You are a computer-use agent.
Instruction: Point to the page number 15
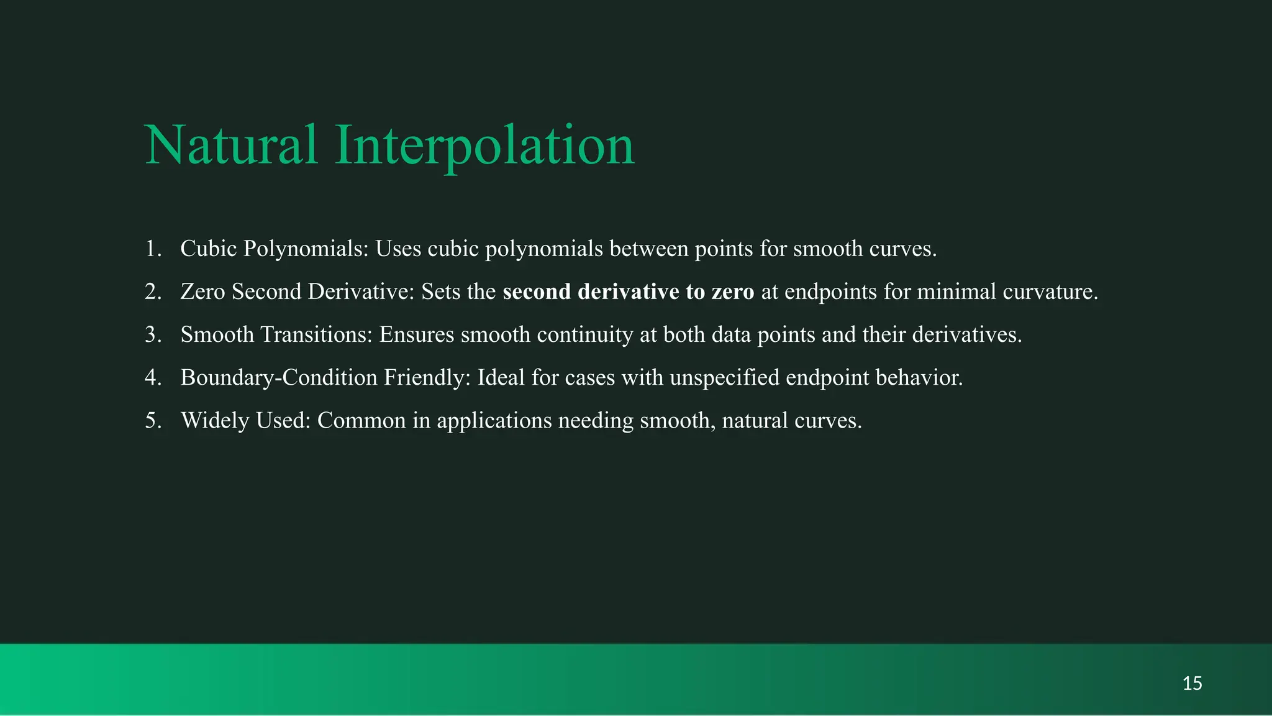1192,684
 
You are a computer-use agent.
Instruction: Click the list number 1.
153,249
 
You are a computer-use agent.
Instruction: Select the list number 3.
153,334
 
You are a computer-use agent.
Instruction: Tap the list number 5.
153,421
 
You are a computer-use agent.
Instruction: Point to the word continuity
584,334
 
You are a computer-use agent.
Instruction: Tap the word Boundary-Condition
279,377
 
